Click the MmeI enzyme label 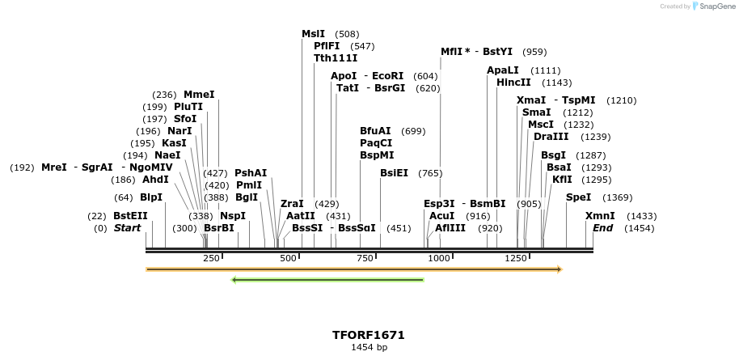pyautogui.click(x=199, y=95)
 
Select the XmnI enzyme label pyautogui.click(x=600, y=216)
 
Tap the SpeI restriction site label pyautogui.click(x=578, y=197)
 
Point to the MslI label pyautogui.click(x=313, y=34)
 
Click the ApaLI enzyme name pyautogui.click(x=502, y=70)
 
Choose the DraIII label pyautogui.click(x=550, y=137)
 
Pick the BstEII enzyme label pyautogui.click(x=130, y=216)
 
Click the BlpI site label pyautogui.click(x=151, y=197)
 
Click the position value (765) pyautogui.click(x=429, y=173)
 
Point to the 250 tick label pyautogui.click(x=211, y=258)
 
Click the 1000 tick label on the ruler pyautogui.click(x=439, y=258)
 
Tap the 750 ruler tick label pyautogui.click(x=365, y=258)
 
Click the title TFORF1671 pyautogui.click(x=368, y=335)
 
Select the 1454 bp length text pyautogui.click(x=368, y=347)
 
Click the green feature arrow pyautogui.click(x=327, y=280)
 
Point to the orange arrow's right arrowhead pyautogui.click(x=559, y=269)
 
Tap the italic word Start pyautogui.click(x=127, y=228)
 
